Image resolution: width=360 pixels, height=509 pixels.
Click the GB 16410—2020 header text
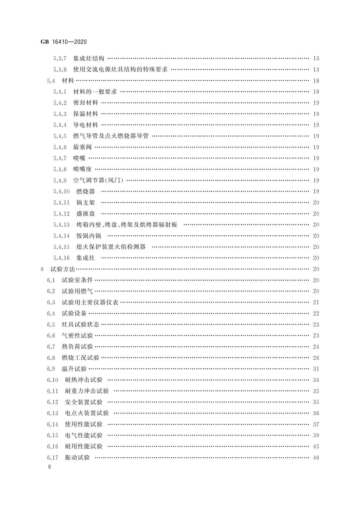coord(63,42)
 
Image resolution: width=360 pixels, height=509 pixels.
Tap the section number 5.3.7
coord(60,58)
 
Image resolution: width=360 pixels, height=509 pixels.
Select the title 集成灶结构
coord(89,58)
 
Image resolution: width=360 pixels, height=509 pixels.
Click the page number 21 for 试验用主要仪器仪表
coord(316,303)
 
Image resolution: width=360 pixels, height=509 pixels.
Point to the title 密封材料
coord(86,103)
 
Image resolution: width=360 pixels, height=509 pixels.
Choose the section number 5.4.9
coord(60,180)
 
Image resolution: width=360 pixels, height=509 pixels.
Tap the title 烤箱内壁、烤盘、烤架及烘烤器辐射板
coord(127,225)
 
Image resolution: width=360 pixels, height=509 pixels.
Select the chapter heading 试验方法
coord(63,269)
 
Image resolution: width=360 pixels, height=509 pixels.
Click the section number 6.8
coord(51,358)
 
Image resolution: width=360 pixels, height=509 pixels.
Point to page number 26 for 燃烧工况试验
coord(316,358)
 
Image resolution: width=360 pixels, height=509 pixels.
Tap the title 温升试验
coord(74,369)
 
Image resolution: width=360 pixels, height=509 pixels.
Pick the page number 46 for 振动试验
coord(316,458)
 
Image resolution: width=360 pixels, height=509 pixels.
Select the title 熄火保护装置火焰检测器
coord(111,247)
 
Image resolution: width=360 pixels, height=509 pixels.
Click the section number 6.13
coord(53,413)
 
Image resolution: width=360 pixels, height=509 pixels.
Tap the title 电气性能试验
coord(84,435)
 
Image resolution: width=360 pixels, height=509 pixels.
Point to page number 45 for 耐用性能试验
coord(316,446)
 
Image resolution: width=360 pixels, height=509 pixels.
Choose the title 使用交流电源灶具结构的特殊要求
coord(120,70)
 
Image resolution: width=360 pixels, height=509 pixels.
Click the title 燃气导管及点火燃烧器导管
coord(111,136)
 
